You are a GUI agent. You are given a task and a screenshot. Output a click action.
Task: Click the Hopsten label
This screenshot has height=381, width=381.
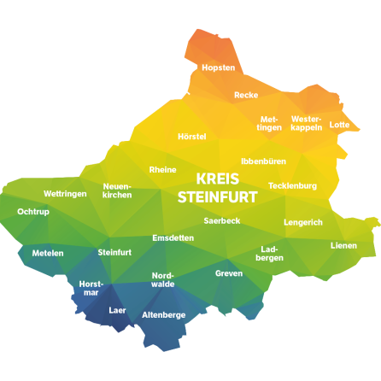click(218, 67)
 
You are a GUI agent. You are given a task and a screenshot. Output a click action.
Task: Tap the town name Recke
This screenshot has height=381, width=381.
click(246, 95)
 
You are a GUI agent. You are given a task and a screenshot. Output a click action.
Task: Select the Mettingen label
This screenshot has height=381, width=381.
click(270, 123)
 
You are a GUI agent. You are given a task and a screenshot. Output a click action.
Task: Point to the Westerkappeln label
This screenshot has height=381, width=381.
click(306, 123)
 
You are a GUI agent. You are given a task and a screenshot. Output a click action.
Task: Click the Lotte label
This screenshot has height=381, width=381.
click(339, 125)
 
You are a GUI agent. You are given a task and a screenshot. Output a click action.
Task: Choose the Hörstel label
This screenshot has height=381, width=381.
click(192, 137)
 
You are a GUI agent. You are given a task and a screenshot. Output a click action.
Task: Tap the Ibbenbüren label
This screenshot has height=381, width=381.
click(263, 161)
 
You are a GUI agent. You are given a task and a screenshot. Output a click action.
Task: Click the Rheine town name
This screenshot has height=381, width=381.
click(162, 169)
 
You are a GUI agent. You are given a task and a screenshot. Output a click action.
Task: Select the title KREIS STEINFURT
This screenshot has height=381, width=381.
click(218, 187)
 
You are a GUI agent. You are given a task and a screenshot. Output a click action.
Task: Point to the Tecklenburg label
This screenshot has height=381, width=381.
click(292, 185)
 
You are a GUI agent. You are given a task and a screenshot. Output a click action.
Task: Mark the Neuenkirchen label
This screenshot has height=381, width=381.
click(117, 190)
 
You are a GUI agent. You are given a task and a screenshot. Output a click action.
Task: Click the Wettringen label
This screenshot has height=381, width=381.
click(65, 194)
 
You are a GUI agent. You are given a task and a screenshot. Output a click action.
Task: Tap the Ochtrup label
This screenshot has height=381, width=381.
click(32, 211)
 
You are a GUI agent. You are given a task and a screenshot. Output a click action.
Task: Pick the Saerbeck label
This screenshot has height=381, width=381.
click(222, 220)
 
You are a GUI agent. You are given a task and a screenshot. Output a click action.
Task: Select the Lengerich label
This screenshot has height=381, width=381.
click(303, 222)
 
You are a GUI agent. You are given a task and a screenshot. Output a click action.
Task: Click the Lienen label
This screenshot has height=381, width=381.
click(344, 245)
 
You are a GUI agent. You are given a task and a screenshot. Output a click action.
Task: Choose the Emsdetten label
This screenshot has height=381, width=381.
click(173, 237)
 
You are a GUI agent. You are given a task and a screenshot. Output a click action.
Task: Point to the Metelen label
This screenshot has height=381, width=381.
click(48, 253)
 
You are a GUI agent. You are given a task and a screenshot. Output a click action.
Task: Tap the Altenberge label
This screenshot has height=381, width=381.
click(163, 314)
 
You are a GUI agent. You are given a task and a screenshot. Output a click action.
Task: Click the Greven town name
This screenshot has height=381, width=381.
click(229, 273)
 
